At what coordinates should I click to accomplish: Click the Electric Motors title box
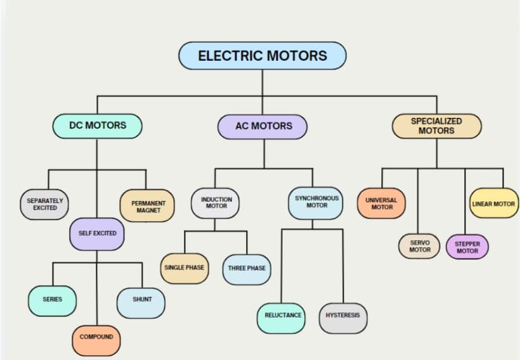263,56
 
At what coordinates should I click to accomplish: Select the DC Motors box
97,125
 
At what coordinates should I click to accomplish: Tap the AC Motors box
263,126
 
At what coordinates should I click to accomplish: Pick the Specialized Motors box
436,125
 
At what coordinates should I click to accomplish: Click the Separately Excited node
44,204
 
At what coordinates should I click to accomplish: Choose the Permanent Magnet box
147,207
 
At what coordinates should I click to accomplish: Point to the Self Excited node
97,233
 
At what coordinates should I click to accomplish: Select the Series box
53,299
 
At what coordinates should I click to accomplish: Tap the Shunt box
141,300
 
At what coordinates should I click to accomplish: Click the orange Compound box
96,337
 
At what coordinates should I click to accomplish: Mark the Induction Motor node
216,203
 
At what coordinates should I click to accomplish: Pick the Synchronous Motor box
316,202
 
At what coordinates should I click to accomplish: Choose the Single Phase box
184,267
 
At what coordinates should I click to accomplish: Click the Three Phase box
247,269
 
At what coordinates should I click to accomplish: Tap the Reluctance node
282,316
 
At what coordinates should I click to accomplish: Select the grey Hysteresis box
343,316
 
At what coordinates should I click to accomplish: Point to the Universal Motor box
381,203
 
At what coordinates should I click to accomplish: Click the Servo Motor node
419,246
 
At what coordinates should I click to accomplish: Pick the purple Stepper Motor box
467,247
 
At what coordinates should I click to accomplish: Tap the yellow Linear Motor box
494,204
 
